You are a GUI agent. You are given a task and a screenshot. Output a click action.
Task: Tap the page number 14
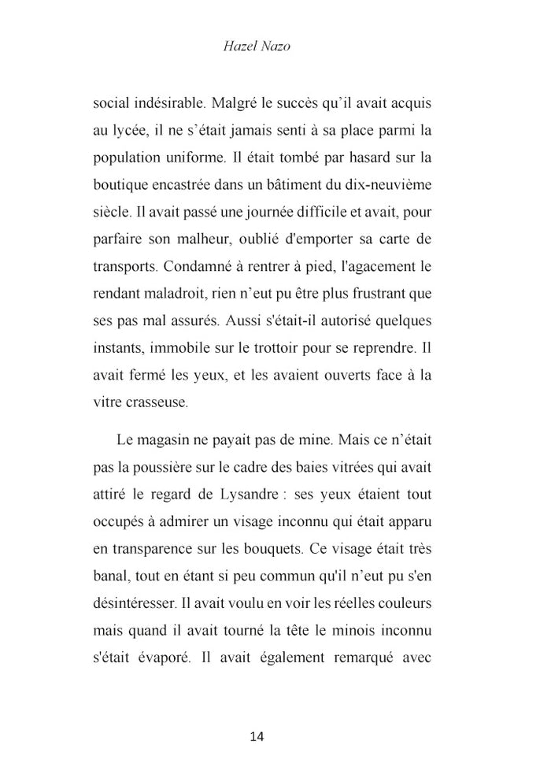coord(256,736)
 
